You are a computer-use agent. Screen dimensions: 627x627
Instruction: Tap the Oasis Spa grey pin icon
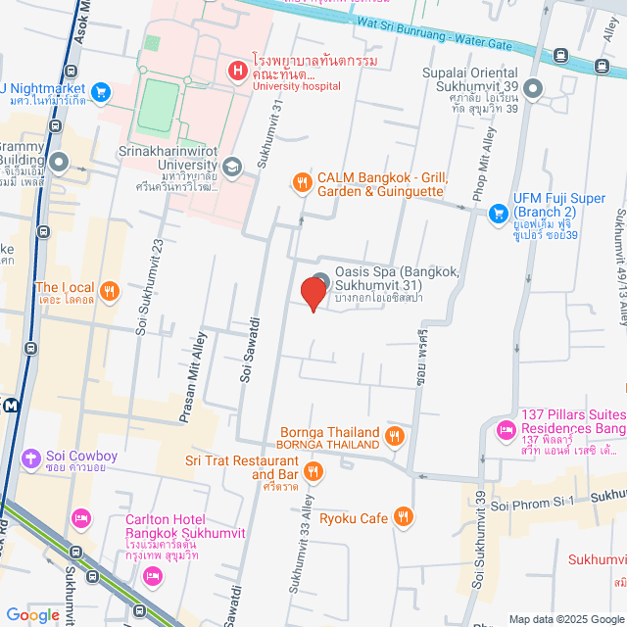pyautogui.click(x=320, y=279)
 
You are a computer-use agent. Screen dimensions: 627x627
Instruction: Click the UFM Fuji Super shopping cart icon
pyautogui.click(x=498, y=212)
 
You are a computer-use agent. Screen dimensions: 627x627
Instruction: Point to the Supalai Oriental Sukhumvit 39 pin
pyautogui.click(x=533, y=90)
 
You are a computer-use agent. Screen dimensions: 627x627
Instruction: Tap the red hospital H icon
pyautogui.click(x=236, y=70)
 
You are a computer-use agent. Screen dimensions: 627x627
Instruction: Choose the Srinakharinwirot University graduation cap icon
pyautogui.click(x=232, y=167)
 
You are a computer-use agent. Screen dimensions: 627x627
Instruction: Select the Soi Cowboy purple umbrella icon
pyautogui.click(x=31, y=457)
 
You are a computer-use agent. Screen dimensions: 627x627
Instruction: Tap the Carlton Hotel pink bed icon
pyautogui.click(x=81, y=517)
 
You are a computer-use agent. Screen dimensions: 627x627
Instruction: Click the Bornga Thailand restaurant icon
pyautogui.click(x=394, y=435)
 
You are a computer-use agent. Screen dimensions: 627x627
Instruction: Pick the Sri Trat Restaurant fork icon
pyautogui.click(x=313, y=471)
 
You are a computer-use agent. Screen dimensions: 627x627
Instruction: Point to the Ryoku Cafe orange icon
pyautogui.click(x=403, y=516)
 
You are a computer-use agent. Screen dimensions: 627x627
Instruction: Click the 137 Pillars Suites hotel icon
pyautogui.click(x=506, y=428)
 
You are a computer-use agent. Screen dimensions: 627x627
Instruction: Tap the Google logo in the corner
pyautogui.click(x=32, y=614)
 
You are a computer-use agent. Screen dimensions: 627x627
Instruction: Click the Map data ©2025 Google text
pyautogui.click(x=566, y=619)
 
